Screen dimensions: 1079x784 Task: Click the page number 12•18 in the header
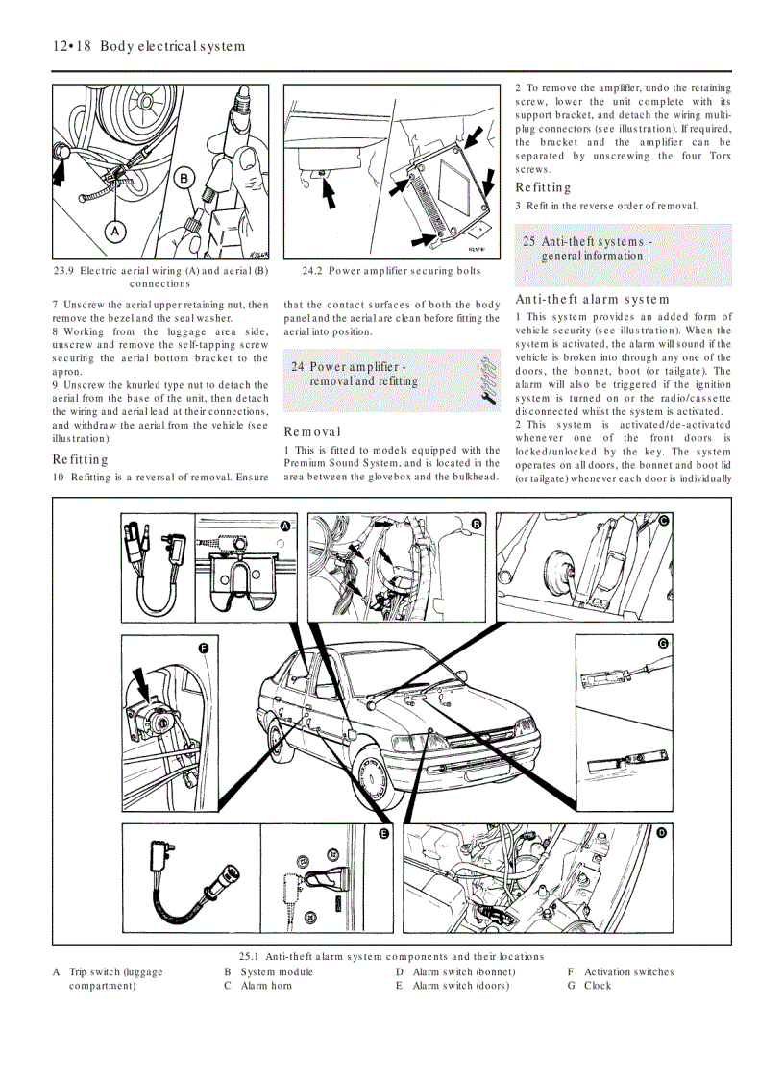click(x=71, y=46)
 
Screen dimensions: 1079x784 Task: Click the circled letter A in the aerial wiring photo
click(x=114, y=232)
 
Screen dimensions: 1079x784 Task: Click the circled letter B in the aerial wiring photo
click(x=184, y=177)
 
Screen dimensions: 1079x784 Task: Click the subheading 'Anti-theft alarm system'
click(x=592, y=300)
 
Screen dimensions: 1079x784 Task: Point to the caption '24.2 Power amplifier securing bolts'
click(x=391, y=271)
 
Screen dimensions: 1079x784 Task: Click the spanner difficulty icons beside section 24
click(x=486, y=377)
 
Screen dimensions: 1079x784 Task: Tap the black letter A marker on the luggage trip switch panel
click(x=284, y=526)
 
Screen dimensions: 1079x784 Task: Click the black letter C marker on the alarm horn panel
click(x=663, y=520)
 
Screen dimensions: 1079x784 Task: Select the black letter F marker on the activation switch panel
click(x=204, y=649)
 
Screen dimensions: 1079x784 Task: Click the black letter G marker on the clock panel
click(x=663, y=643)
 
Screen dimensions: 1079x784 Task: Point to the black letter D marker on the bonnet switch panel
click(x=661, y=833)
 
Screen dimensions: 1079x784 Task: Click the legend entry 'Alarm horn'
click(x=266, y=985)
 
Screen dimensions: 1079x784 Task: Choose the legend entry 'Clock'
click(x=597, y=985)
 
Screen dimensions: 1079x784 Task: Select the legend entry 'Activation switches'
click(x=628, y=971)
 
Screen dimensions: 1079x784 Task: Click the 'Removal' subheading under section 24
click(x=312, y=432)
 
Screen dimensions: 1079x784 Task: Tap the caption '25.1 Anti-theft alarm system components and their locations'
click(x=391, y=956)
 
